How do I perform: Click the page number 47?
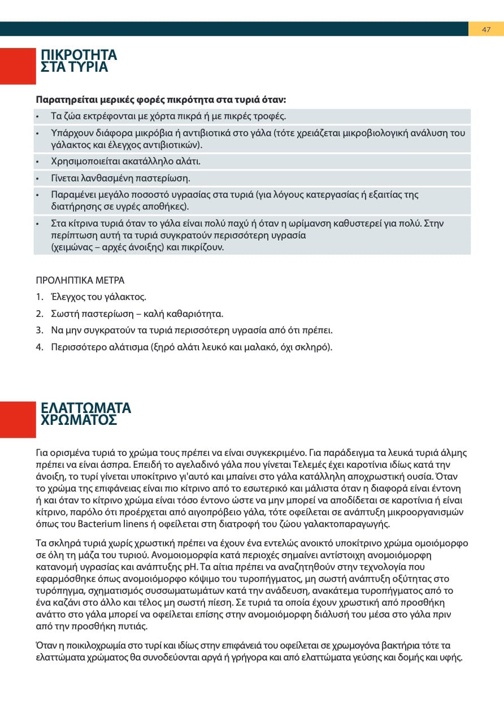point(486,29)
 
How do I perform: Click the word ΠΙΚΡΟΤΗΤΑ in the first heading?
point(79,55)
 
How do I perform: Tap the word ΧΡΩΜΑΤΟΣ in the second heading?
point(79,420)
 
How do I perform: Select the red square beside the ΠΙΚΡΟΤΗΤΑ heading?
point(18,66)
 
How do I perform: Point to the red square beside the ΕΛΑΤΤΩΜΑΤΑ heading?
point(18,419)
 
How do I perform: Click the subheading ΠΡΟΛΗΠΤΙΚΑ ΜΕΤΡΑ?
point(80,280)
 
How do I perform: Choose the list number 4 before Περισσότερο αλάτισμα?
point(39,347)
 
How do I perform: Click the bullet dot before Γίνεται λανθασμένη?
point(37,179)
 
